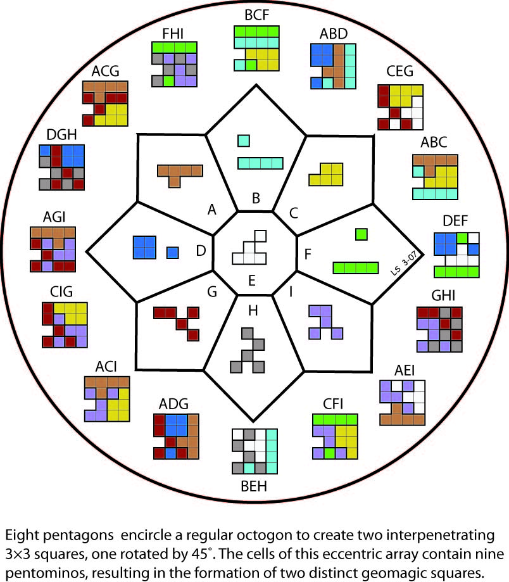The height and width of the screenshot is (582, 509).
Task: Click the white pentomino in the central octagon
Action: click(x=250, y=249)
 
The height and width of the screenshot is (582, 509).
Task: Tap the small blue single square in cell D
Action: click(x=172, y=252)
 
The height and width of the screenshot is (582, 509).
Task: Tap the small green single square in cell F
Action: click(x=361, y=234)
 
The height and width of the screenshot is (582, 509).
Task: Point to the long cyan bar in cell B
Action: click(x=260, y=163)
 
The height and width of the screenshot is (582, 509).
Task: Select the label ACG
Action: click(x=104, y=71)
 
